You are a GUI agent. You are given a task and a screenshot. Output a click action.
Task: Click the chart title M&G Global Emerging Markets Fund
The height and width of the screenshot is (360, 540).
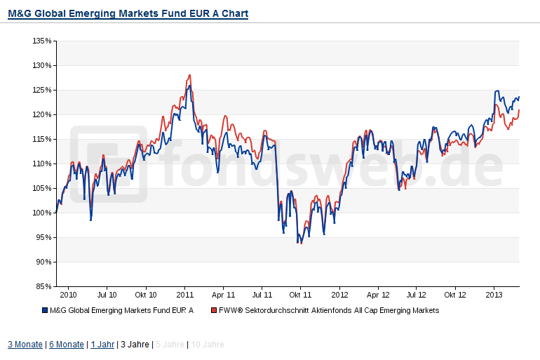tap(128, 13)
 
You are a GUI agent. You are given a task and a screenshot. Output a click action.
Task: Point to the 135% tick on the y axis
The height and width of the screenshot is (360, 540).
tap(42, 41)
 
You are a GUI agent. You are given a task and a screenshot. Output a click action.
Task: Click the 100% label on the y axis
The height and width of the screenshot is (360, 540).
tap(42, 213)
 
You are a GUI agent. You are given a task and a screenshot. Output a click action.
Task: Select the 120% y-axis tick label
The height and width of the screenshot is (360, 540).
tap(42, 114)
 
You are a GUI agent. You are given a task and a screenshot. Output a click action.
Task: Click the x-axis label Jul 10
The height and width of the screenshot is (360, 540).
tap(107, 296)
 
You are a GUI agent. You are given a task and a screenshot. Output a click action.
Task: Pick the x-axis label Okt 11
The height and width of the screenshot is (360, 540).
tap(300, 296)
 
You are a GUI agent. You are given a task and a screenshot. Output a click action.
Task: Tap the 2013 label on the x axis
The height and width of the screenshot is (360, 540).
tap(494, 296)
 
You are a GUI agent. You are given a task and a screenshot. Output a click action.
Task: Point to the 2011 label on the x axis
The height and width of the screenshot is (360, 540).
tap(184, 296)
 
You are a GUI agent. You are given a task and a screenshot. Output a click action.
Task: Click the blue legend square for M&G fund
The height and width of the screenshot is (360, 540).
tap(44, 310)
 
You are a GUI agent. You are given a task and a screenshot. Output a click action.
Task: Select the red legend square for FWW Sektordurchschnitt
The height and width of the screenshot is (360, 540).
tap(213, 310)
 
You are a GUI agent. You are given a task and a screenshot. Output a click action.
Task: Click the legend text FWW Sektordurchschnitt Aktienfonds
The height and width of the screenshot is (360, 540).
tap(329, 310)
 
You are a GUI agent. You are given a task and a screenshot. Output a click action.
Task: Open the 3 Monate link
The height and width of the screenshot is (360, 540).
tap(25, 345)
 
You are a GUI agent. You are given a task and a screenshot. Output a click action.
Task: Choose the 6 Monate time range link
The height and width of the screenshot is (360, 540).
tap(65, 345)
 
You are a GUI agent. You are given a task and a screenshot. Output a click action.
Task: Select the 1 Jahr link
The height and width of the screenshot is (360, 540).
tap(102, 345)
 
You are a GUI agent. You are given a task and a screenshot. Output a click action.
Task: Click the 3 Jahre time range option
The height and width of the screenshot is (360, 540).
tap(134, 345)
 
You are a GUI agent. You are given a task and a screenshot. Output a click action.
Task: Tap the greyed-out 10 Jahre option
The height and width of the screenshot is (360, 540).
tap(208, 345)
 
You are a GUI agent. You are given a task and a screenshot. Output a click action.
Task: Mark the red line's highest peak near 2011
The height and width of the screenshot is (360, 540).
tap(189, 75)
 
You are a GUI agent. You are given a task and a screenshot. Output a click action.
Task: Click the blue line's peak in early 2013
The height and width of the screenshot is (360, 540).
tap(497, 91)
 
